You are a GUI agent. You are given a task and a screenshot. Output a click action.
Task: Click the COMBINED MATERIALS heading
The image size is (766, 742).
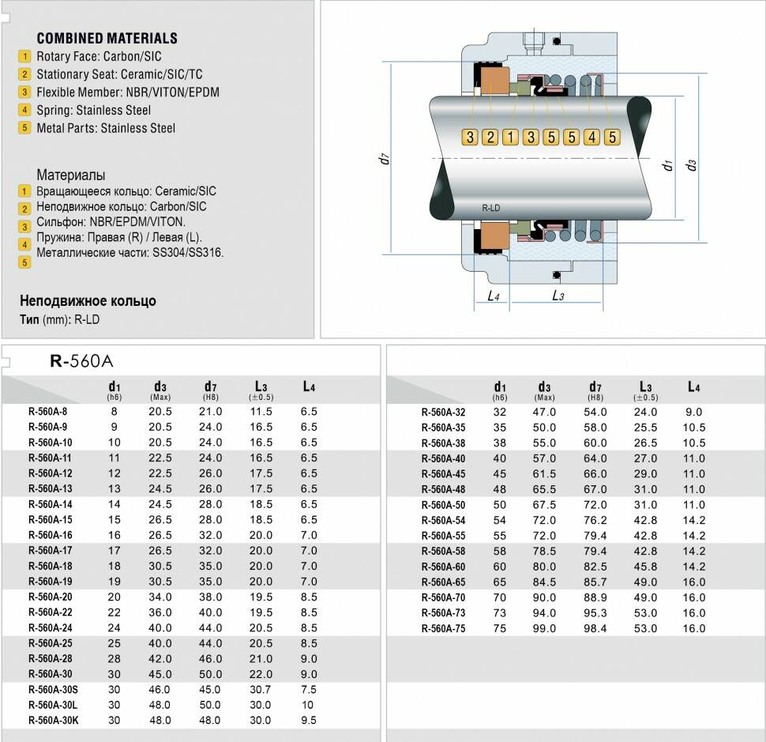pyautogui.click(x=107, y=38)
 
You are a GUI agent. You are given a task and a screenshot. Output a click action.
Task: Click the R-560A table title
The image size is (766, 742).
pyautogui.click(x=82, y=362)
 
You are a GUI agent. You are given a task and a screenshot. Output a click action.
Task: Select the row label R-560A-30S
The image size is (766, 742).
pyautogui.click(x=54, y=689)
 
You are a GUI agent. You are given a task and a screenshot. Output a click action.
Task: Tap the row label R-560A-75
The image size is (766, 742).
pyautogui.click(x=443, y=628)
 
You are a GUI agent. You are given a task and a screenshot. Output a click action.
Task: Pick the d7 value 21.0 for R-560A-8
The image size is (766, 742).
pyautogui.click(x=211, y=412)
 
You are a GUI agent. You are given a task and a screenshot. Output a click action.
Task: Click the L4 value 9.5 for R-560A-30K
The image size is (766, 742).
pyautogui.click(x=309, y=720)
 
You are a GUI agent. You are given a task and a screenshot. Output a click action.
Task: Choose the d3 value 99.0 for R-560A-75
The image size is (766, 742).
pyautogui.click(x=544, y=628)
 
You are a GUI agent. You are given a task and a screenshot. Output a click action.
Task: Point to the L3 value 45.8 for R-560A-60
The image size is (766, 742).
pyautogui.click(x=646, y=567)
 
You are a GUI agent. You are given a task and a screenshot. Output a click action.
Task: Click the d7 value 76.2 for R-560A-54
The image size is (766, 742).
pyautogui.click(x=595, y=520)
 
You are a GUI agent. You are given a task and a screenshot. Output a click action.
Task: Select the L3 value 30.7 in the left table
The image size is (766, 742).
pyautogui.click(x=261, y=689)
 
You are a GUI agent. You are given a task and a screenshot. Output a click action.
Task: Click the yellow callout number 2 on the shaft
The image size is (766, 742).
pyautogui.click(x=490, y=137)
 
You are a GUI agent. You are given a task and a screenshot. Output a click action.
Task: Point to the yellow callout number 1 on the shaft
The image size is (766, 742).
pyautogui.click(x=510, y=137)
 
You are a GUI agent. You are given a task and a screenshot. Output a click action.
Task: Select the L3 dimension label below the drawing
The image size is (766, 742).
pyautogui.click(x=558, y=296)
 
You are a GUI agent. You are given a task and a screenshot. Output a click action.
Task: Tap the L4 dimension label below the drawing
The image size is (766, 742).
pyautogui.click(x=494, y=296)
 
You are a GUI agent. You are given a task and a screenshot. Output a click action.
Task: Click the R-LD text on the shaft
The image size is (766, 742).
pyautogui.click(x=491, y=208)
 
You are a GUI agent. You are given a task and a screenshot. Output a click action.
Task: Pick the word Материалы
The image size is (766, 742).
pyautogui.click(x=70, y=175)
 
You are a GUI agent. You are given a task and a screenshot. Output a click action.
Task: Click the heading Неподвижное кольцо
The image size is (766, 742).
pyautogui.click(x=88, y=301)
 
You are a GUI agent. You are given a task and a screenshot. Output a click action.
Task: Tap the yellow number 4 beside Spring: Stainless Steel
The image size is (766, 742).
pyautogui.click(x=25, y=110)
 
